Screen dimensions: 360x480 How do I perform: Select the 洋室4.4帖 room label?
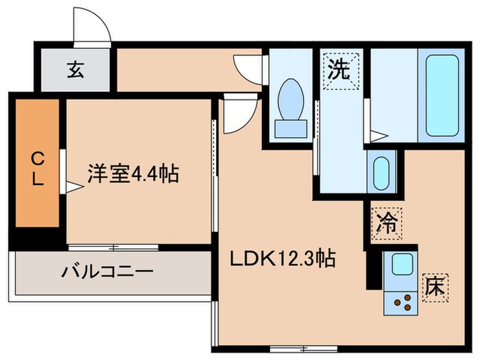point(132,174)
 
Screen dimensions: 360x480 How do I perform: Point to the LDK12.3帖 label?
point(283,259)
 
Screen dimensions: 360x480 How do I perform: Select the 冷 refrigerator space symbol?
point(387,223)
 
